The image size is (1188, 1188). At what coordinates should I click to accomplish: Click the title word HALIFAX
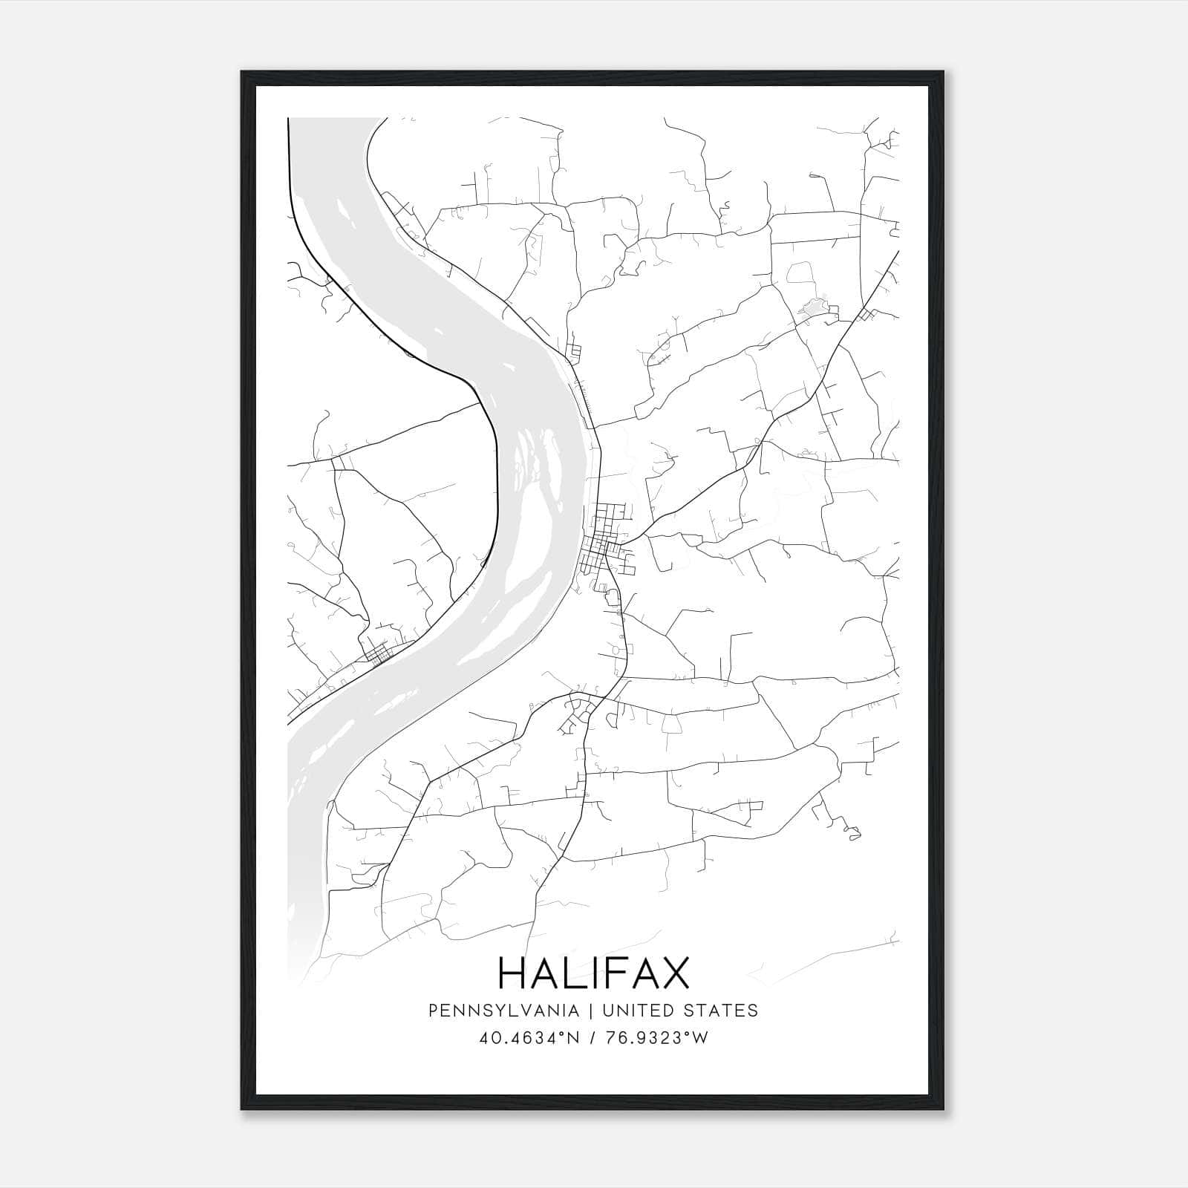click(x=593, y=973)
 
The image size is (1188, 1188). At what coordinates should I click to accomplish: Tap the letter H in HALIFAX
click(x=512, y=973)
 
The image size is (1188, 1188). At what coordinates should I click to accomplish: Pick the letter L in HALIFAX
click(x=576, y=973)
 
